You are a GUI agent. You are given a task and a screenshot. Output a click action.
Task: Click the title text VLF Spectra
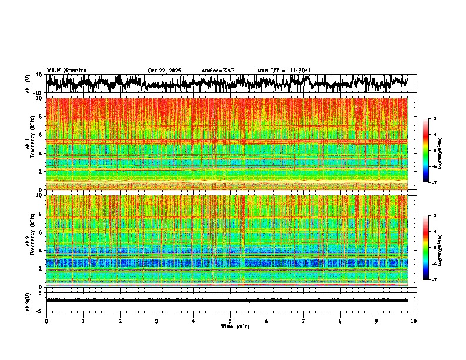tap(66, 70)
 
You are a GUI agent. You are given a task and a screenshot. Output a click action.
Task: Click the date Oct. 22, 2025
tap(165, 71)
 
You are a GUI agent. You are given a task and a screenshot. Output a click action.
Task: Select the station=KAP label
tap(218, 71)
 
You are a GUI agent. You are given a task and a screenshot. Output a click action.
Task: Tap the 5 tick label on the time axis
tap(230, 321)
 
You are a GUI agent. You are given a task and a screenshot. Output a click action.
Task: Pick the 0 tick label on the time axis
tap(46, 321)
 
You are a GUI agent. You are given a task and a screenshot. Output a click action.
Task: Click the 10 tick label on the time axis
tap(414, 321)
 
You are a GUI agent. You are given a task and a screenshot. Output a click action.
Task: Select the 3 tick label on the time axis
tap(157, 321)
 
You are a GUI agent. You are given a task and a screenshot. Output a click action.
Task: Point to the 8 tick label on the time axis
tap(340, 321)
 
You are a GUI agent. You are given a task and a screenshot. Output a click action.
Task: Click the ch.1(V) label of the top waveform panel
tap(28, 84)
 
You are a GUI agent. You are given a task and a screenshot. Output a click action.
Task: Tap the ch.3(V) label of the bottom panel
tap(28, 300)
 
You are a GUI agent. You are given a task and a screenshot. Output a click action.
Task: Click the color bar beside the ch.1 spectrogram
tap(428, 151)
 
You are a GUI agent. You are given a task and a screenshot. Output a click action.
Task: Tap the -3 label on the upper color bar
tap(434, 119)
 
